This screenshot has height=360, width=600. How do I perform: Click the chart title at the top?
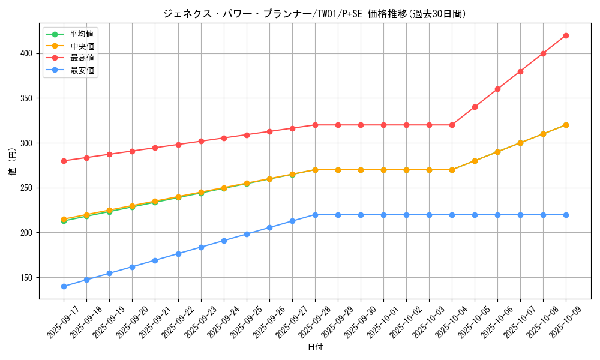[x=314, y=14]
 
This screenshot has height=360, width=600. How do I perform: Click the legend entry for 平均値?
[x=82, y=34]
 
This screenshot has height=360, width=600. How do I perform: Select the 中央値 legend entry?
[x=82, y=46]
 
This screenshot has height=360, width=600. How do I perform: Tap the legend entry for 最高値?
[x=82, y=58]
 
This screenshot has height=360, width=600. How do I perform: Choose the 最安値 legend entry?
[x=82, y=70]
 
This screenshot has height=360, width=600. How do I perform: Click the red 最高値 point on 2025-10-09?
[x=566, y=35]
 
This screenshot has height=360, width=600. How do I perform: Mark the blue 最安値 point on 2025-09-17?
[x=64, y=286]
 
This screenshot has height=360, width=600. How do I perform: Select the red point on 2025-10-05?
[x=475, y=107]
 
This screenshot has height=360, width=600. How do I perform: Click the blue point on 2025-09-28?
[x=315, y=215]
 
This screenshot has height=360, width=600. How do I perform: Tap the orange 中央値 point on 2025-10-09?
[x=566, y=125]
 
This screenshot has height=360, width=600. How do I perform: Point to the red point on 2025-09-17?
[x=64, y=161]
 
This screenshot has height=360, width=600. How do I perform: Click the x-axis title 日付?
[x=315, y=347]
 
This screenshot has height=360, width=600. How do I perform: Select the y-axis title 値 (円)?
[x=13, y=161]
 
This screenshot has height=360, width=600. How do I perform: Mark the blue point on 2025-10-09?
[x=566, y=215]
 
